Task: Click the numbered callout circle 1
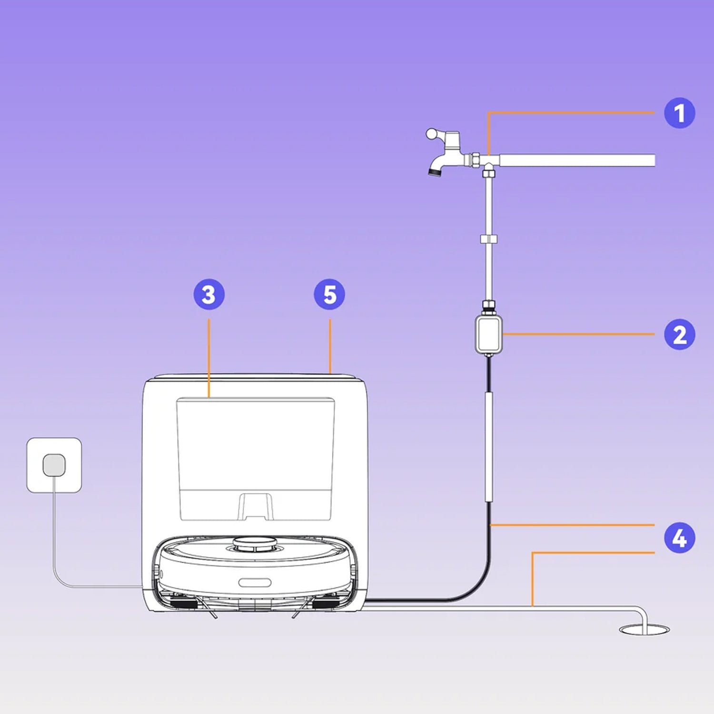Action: [679, 113]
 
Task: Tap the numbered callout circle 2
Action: [679, 335]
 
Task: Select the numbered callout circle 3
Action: [208, 295]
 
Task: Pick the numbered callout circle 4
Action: [679, 538]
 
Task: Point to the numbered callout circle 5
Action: [329, 295]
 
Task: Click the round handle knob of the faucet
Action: [432, 134]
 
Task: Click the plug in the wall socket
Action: [54, 465]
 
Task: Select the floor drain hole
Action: [644, 630]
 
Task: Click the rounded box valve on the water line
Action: [488, 334]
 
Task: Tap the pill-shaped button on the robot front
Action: [255, 583]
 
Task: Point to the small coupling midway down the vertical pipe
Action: [488, 239]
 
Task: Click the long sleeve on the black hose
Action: [488, 446]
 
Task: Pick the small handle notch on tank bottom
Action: [255, 507]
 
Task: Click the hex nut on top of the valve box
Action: [488, 305]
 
